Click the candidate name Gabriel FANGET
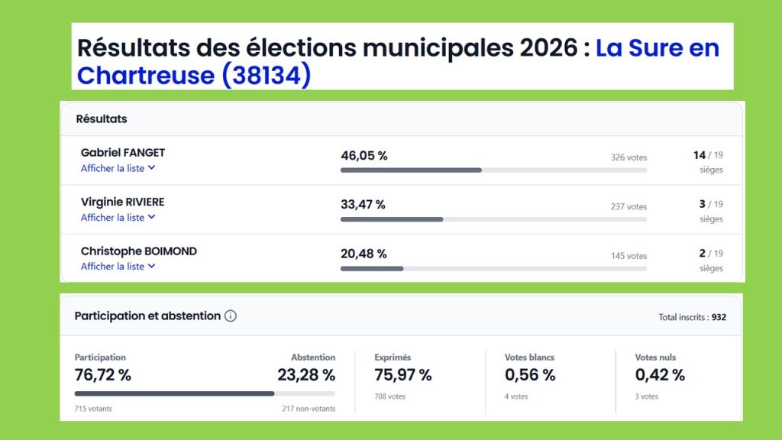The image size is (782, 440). [x=122, y=153]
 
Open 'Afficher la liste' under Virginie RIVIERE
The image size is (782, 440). [x=118, y=218]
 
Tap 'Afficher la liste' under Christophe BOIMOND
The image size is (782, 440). [x=118, y=267]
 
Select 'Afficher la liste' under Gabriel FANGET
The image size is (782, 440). [x=118, y=168]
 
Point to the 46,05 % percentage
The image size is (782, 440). [x=364, y=156]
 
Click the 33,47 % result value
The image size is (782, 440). [x=363, y=205]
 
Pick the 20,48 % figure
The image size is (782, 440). [x=364, y=254]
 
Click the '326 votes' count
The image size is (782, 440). [x=629, y=157]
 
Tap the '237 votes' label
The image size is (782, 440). [x=629, y=206]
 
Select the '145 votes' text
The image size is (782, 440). [x=629, y=256]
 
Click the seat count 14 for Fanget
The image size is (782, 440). [x=700, y=155]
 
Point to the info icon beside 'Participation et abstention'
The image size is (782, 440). [x=231, y=315]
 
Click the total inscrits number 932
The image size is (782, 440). [x=719, y=317]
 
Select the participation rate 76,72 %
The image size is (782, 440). [x=102, y=375]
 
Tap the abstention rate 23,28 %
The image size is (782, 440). [x=305, y=375]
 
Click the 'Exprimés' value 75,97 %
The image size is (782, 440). [x=402, y=375]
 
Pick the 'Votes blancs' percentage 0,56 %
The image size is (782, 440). [x=530, y=375]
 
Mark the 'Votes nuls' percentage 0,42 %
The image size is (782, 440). [x=660, y=375]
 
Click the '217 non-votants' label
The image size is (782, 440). [x=309, y=409]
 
